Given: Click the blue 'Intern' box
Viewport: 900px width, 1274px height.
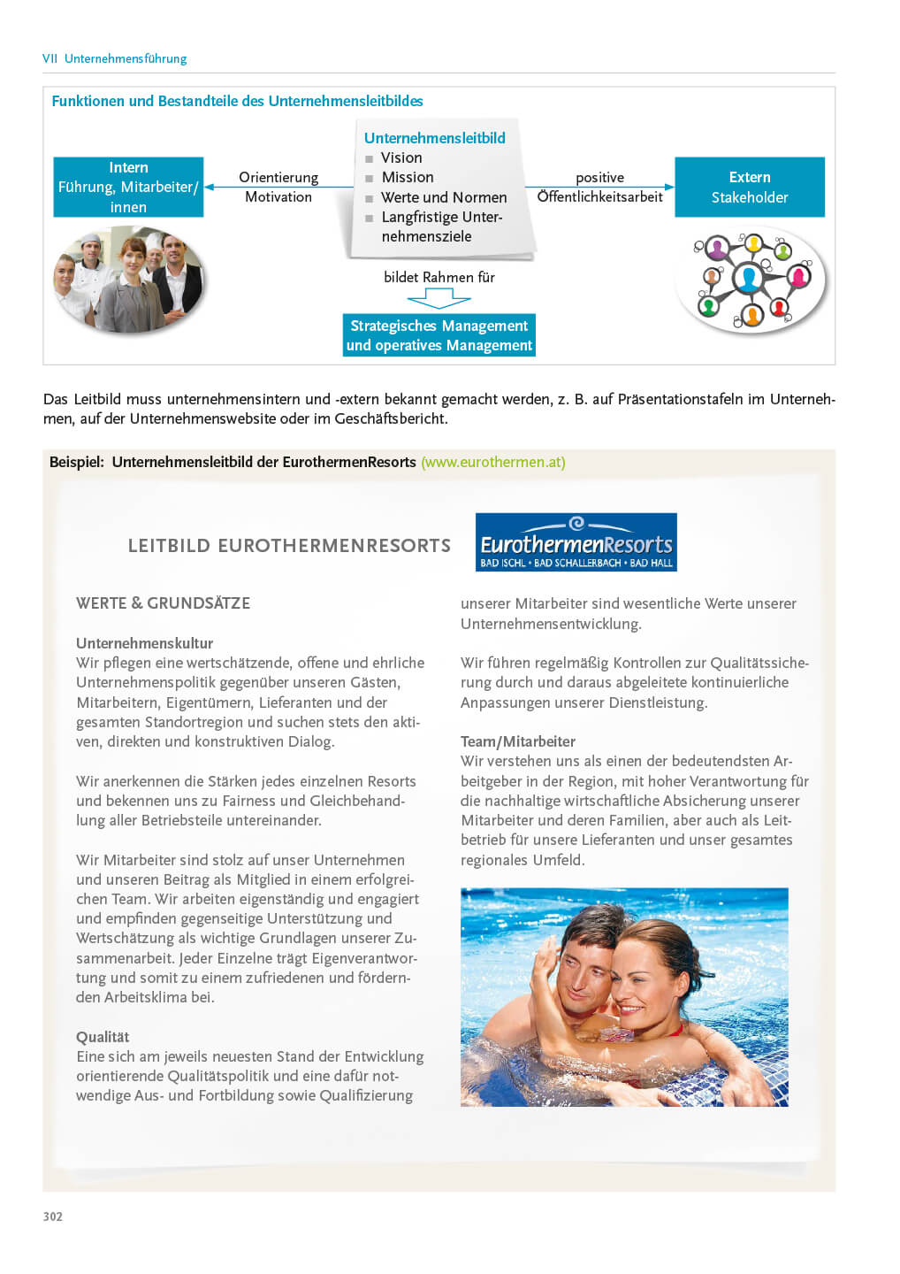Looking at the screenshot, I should (128, 187).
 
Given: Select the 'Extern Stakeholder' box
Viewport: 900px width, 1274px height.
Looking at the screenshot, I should (749, 187).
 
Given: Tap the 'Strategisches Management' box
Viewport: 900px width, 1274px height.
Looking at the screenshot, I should (439, 335).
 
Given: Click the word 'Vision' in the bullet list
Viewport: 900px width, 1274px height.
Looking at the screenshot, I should (401, 157).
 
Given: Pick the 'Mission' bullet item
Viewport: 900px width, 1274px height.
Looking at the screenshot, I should (408, 177).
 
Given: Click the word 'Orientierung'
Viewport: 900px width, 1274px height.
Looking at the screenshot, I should (278, 178).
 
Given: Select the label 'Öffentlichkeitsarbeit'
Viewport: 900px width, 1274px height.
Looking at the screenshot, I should (599, 197).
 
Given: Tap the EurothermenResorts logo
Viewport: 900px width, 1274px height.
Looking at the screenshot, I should (576, 542).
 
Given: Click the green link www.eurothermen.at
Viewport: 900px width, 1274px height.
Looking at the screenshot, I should (493, 462).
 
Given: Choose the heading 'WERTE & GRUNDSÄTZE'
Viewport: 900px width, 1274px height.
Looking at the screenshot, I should (163, 603).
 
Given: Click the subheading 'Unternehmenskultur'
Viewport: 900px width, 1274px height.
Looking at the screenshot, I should (144, 643).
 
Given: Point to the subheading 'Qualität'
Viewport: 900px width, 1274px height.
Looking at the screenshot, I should (103, 1037).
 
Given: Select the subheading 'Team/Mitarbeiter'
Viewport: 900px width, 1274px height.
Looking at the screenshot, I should (517, 741).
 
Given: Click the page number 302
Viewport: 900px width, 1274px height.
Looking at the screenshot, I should (53, 1216).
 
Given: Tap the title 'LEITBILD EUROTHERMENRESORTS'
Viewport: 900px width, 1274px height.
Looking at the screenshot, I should (289, 546).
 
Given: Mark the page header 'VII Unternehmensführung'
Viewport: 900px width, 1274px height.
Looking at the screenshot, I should (115, 58).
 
